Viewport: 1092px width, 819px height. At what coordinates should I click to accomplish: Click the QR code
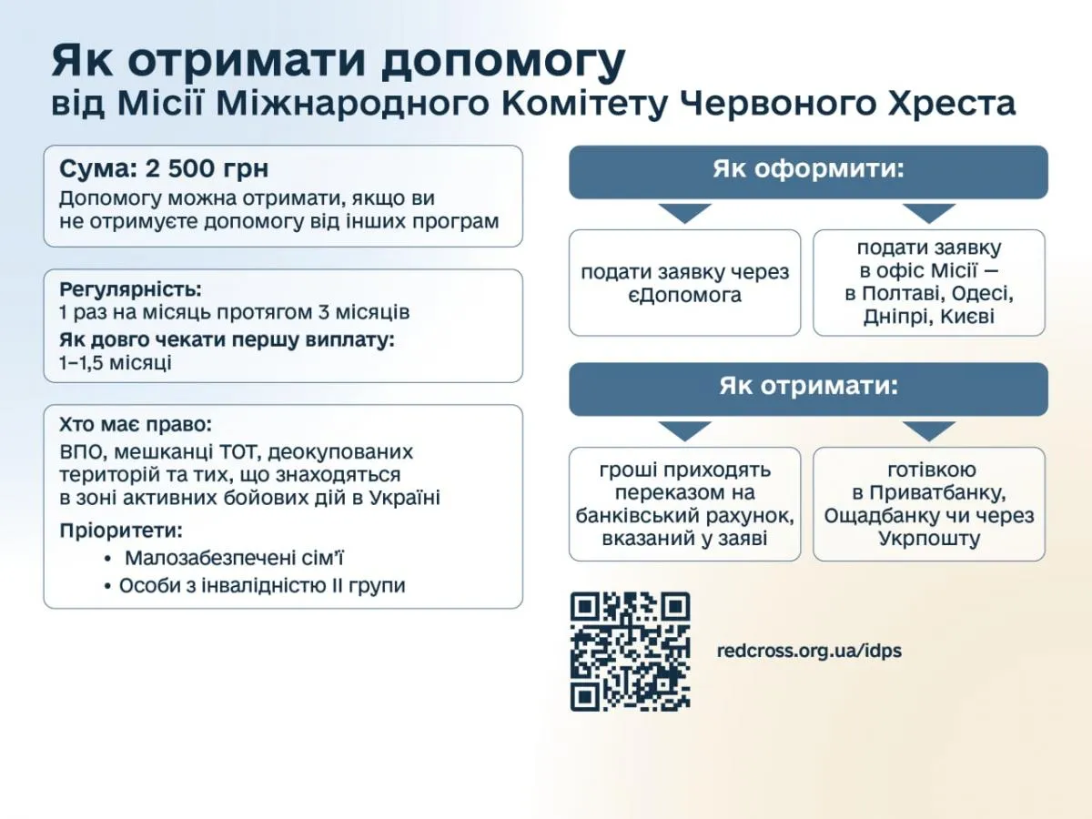click(x=630, y=652)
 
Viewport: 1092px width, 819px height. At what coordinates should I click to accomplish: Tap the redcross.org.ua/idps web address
click(x=809, y=652)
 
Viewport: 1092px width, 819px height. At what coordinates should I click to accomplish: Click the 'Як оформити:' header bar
click(x=808, y=171)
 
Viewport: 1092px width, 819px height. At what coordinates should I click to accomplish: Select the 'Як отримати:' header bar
click(x=808, y=388)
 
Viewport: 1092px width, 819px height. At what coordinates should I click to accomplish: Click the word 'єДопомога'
click(x=684, y=296)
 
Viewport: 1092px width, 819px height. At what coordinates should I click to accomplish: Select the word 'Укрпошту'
click(x=929, y=539)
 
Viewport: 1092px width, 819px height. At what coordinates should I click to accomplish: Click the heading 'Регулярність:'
click(x=131, y=290)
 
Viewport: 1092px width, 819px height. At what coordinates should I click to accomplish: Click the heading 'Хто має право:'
click(x=135, y=425)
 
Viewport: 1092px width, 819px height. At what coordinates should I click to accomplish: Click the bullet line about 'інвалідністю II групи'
click(x=262, y=586)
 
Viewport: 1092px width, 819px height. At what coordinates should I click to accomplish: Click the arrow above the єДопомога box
click(x=685, y=214)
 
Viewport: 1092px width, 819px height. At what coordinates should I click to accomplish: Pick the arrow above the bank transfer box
click(x=685, y=430)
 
